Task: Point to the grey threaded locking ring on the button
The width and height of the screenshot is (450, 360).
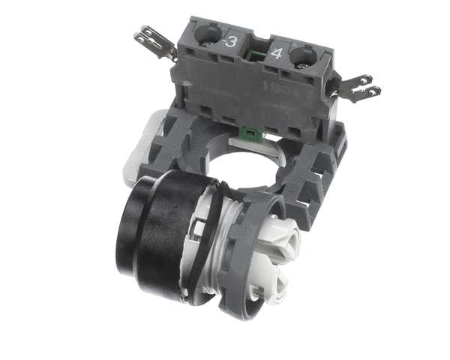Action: click(247, 247)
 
